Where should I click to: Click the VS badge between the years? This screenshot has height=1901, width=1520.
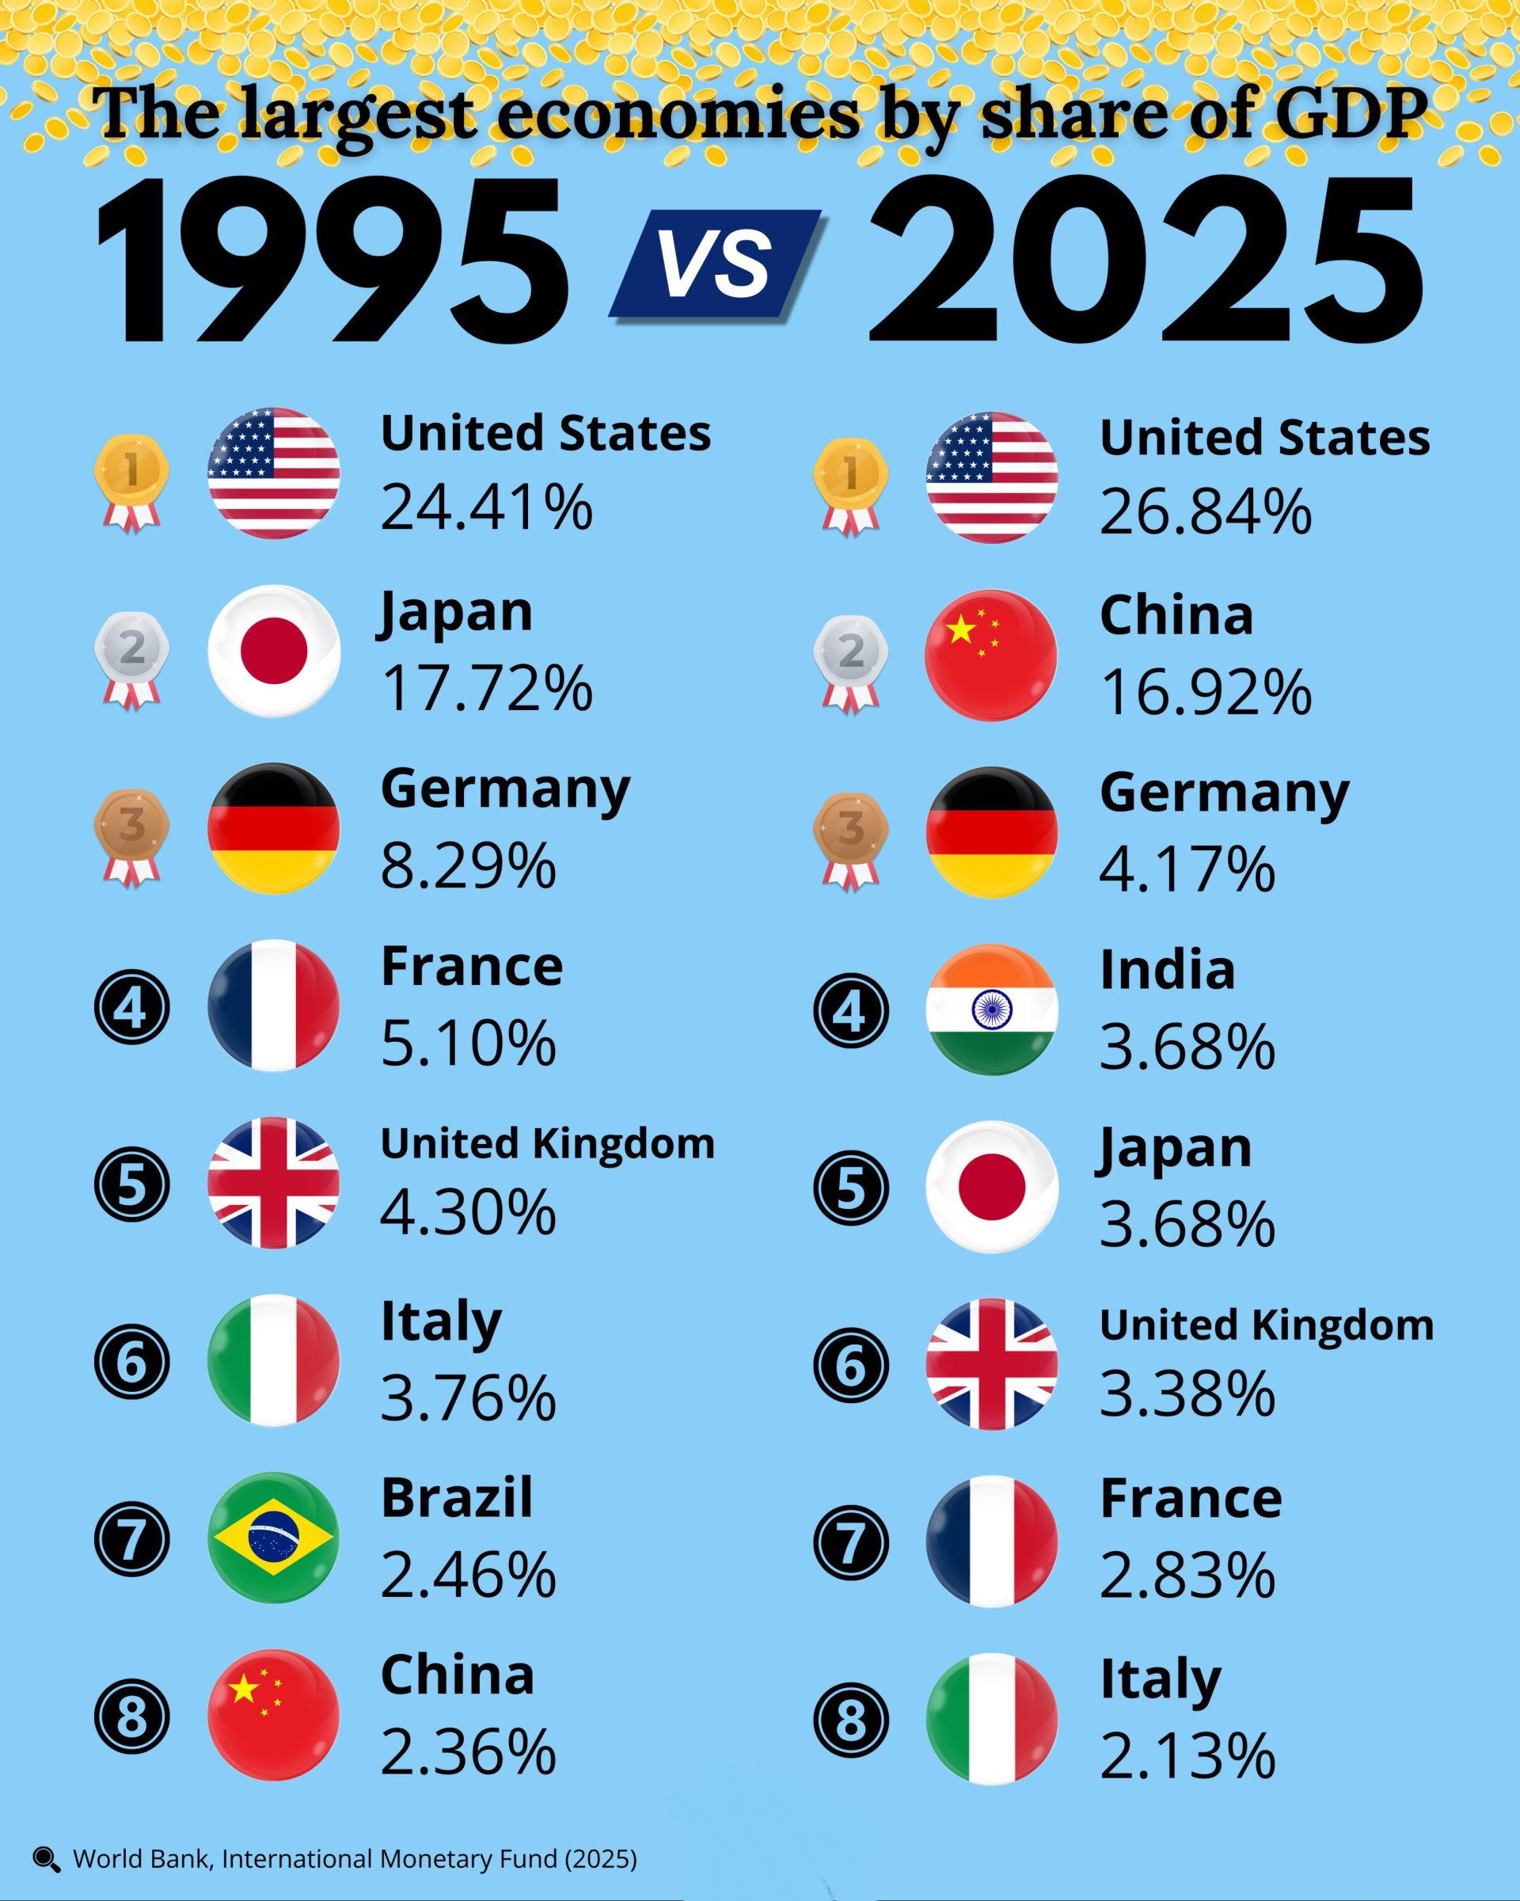715,264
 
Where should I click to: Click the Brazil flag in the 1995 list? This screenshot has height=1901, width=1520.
273,1537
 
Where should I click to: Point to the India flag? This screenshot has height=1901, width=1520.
992,1009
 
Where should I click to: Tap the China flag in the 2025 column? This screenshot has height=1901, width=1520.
991,655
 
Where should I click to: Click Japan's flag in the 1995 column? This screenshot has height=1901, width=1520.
273,651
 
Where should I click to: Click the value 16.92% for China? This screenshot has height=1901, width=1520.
1205,692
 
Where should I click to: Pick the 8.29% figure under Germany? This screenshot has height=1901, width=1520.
468,866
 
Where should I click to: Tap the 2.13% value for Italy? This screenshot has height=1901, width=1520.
1187,1756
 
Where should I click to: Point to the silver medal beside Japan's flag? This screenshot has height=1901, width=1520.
131,660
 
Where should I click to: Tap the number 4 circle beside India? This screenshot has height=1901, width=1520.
850,1010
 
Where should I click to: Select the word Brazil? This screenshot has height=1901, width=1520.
457,1497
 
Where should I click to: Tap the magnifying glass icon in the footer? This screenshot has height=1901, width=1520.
46,1860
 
